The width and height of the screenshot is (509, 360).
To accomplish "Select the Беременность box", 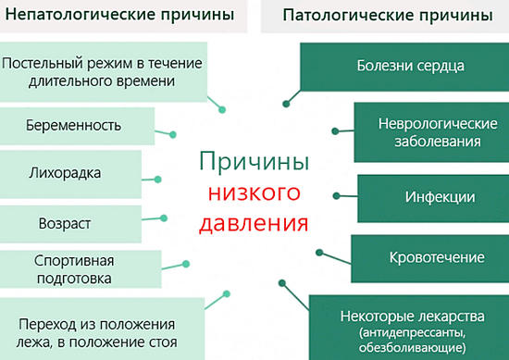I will tap(74, 125).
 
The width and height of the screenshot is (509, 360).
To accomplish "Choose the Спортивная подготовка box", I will tap(74, 269).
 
